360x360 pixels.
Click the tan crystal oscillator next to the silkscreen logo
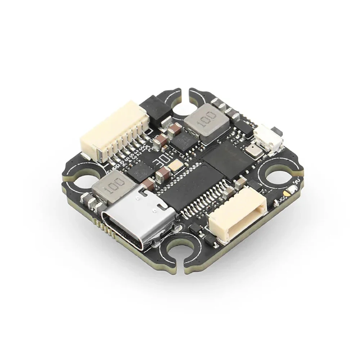(176, 166)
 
